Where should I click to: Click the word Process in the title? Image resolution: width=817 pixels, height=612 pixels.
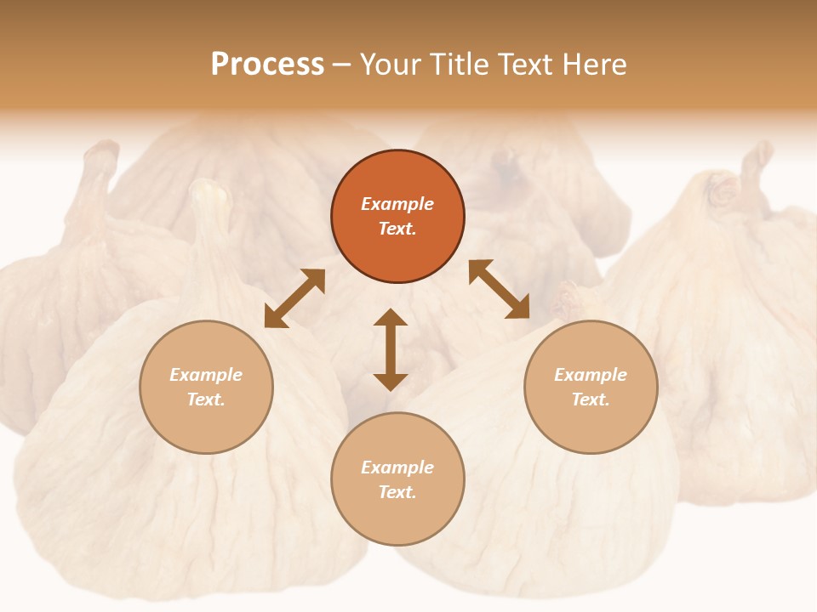click(267, 65)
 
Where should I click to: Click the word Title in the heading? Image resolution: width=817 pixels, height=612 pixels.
click(455, 65)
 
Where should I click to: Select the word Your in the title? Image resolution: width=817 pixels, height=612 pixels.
click(388, 65)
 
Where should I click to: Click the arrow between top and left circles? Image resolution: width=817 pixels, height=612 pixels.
click(294, 298)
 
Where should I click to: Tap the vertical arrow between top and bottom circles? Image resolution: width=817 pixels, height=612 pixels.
click(391, 349)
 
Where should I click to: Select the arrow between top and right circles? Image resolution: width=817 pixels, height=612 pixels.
click(499, 289)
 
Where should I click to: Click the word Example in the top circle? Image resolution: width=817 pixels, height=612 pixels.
click(397, 204)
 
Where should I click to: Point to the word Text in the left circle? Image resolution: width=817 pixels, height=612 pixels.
click(206, 399)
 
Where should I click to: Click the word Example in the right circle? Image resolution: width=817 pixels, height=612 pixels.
click(591, 375)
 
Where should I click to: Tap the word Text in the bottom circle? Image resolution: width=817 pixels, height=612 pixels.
click(397, 492)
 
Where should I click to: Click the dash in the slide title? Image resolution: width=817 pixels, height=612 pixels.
click(342, 65)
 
